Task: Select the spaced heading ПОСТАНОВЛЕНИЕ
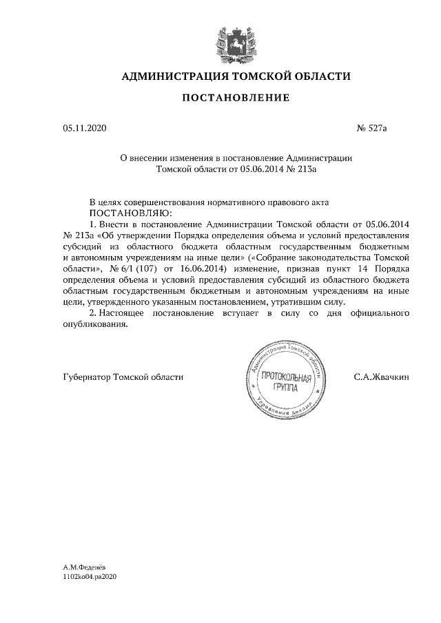coord(236,98)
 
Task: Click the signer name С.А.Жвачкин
coord(381,377)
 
